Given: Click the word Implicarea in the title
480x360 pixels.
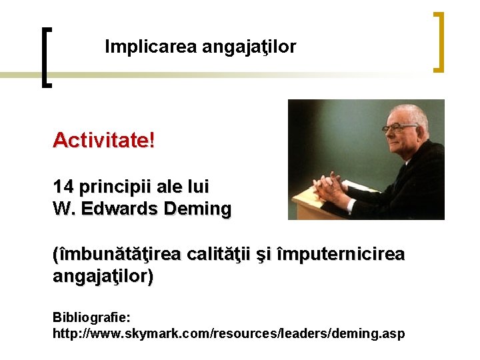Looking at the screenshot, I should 137,47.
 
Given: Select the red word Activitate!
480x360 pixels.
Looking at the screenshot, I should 103,141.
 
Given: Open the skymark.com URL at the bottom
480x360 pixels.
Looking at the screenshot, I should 228,333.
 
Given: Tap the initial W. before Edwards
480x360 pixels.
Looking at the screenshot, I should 62,209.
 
